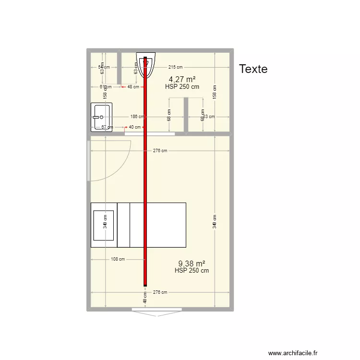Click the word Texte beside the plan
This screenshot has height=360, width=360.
[253, 69]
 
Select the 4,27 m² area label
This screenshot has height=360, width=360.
[182, 80]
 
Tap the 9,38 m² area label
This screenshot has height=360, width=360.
[192, 264]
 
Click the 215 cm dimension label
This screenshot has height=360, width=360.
[175, 68]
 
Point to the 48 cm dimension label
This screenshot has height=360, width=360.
[133, 87]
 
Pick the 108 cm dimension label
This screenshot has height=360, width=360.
[118, 259]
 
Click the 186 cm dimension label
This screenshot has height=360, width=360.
[137, 117]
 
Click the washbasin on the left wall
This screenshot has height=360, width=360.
[102, 117]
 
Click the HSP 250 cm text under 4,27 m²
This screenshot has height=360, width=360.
[182, 87]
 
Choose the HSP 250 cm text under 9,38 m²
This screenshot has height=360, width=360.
[192, 271]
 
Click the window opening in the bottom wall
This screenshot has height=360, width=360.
[158, 313]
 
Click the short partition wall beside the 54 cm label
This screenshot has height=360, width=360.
[119, 68]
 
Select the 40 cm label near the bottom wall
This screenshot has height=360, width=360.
[144, 298]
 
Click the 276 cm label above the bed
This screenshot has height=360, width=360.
[160, 151]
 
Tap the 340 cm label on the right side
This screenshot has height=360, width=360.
[215, 221]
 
